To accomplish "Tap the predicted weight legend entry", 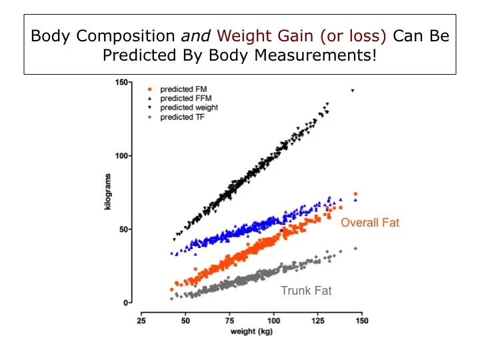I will pyautogui.click(x=188, y=107).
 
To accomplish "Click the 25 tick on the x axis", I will pyautogui.click(x=141, y=321).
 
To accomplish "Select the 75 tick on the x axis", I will pyautogui.click(x=230, y=321).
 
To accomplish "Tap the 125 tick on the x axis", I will pyautogui.click(x=318, y=321).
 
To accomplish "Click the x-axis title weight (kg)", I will pyautogui.click(x=251, y=331).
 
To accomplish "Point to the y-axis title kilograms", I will pyautogui.click(x=108, y=192).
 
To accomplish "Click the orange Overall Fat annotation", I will pyautogui.click(x=370, y=223).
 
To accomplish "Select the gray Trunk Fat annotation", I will pyautogui.click(x=306, y=291).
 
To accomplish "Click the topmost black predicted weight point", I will pyautogui.click(x=352, y=91).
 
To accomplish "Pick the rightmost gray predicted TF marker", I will pyautogui.click(x=355, y=249).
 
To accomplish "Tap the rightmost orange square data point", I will pyautogui.click(x=355, y=194).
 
